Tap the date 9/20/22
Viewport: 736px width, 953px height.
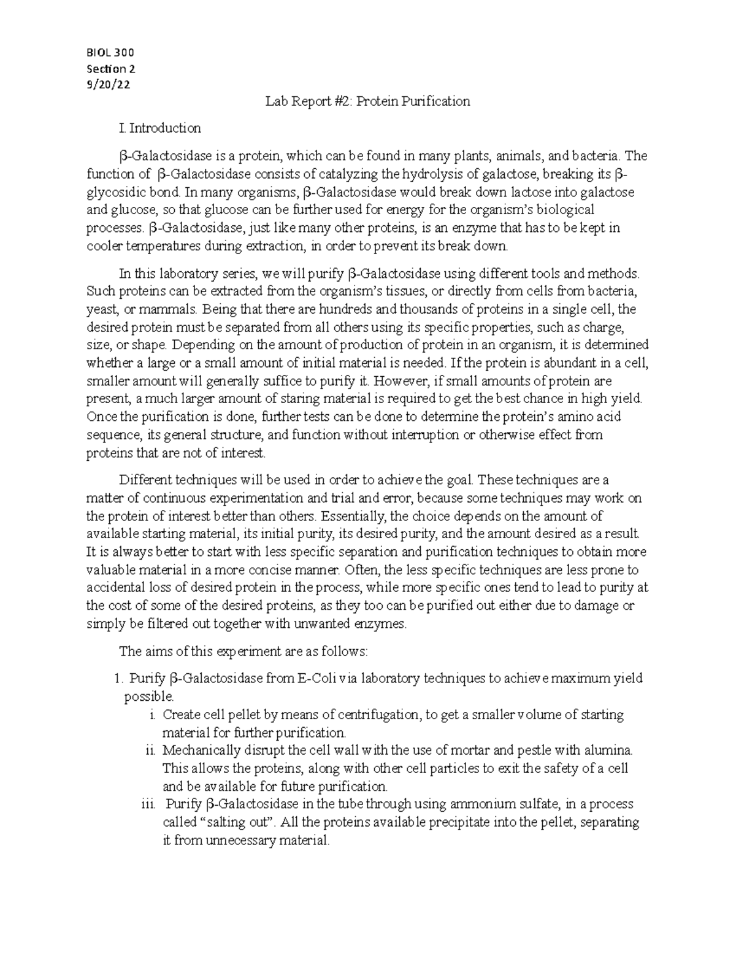(x=109, y=85)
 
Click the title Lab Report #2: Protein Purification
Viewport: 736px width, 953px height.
(x=367, y=101)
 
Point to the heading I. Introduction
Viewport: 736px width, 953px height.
(x=161, y=128)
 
